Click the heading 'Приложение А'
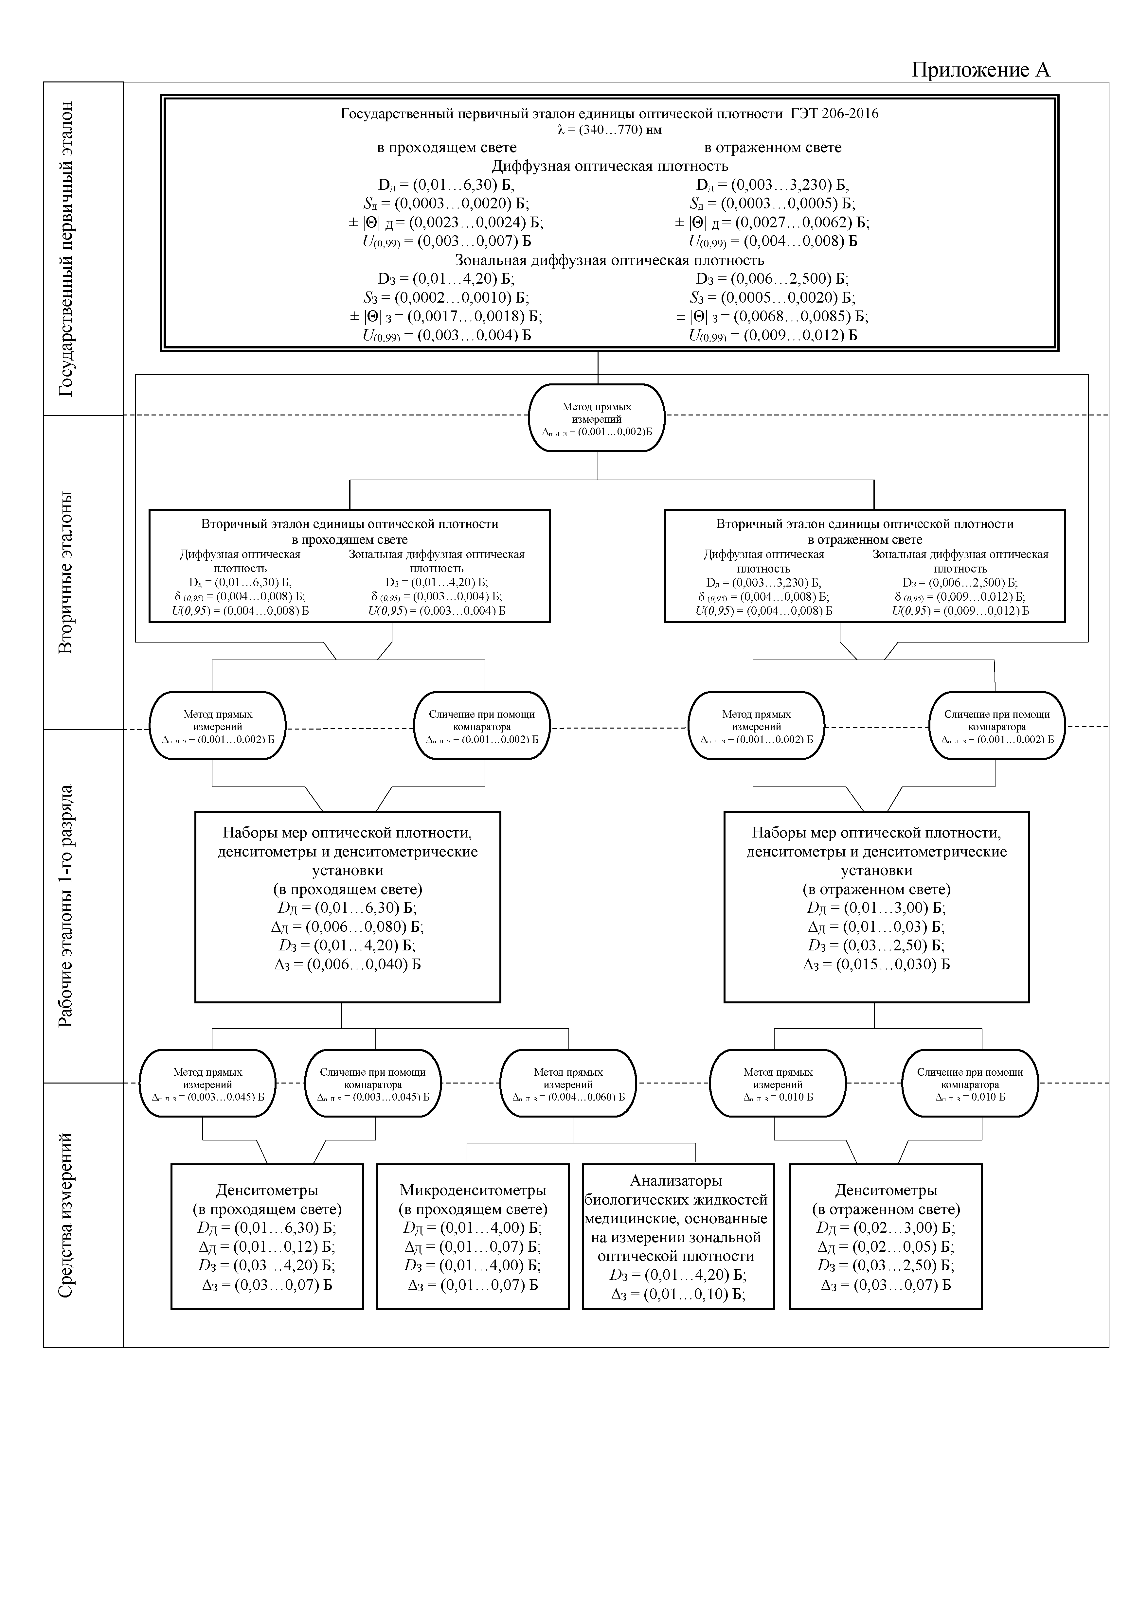[980, 69]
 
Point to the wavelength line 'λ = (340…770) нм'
[609, 130]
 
